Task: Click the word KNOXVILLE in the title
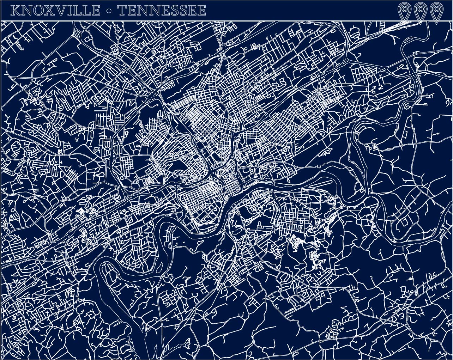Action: tap(55, 11)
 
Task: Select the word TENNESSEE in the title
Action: tap(162, 11)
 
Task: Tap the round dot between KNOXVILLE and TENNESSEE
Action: tap(109, 11)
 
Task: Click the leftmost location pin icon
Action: tap(404, 13)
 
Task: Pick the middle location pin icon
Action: tap(420, 13)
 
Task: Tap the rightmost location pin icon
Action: tap(436, 13)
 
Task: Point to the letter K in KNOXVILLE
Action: tap(16, 11)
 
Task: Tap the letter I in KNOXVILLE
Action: tap(71, 11)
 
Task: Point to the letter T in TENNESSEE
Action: tap(123, 11)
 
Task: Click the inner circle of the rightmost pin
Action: tap(436, 9)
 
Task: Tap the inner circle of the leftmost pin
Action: tap(404, 9)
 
